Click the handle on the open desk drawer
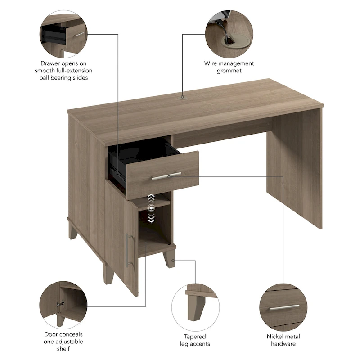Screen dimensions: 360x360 166,176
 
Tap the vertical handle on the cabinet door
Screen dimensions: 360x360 128,250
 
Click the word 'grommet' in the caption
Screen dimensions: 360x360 229,71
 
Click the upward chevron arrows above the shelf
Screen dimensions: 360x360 152,198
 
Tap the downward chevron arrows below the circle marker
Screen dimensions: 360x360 152,218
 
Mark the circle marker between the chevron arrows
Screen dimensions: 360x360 152,208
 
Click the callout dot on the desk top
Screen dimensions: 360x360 182,96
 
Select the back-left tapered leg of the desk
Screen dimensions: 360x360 73,230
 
